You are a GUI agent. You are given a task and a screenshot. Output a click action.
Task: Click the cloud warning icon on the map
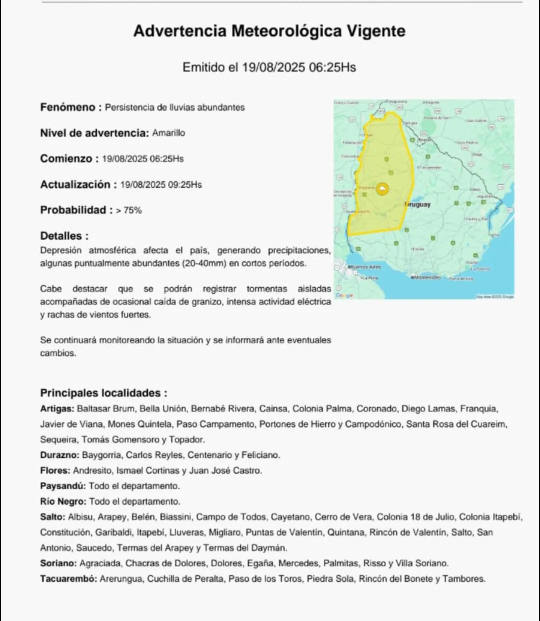[383, 189]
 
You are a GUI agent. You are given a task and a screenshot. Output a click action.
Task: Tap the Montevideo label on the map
[426, 277]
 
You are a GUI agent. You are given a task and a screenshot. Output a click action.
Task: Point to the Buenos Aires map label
[365, 267]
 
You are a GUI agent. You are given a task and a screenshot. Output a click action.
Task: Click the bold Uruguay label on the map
[417, 205]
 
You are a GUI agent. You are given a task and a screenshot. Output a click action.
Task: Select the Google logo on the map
[344, 295]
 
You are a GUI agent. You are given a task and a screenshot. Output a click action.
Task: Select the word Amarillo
[168, 133]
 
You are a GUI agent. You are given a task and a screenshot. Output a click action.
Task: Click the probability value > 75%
[129, 211]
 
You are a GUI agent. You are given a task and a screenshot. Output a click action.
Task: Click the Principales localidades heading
[103, 393]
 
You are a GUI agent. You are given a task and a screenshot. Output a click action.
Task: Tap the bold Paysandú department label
[62, 486]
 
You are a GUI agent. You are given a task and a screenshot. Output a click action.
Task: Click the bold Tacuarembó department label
[68, 579]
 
